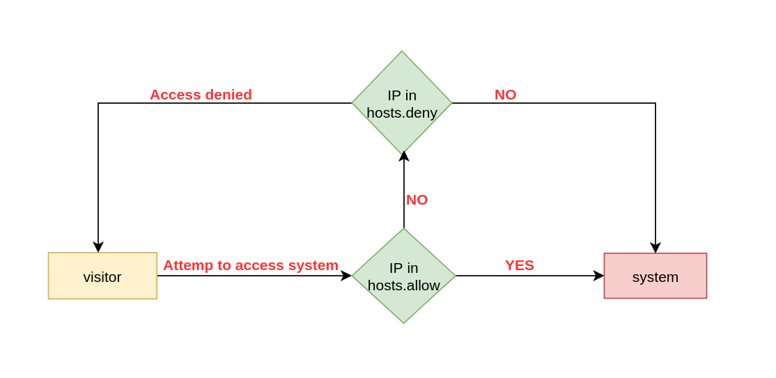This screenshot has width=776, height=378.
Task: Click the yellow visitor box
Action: [102, 276]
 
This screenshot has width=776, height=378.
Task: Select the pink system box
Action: [655, 276]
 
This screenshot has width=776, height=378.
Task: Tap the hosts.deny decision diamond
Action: [402, 103]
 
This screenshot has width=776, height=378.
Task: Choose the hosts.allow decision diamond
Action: [403, 276]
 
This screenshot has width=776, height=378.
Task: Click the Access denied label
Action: [201, 95]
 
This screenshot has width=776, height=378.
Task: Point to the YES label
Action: [519, 265]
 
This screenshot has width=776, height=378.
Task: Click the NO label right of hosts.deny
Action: [505, 95]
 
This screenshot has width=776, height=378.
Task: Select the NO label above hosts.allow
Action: [417, 200]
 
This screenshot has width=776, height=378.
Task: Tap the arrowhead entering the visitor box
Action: [98, 247]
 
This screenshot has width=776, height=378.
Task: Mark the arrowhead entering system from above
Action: [655, 248]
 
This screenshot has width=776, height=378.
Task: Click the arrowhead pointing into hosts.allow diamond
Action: [346, 276]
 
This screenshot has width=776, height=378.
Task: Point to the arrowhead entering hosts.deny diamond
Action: [404, 156]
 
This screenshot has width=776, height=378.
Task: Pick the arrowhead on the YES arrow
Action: [598, 276]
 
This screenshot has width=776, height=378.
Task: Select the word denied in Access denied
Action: [228, 95]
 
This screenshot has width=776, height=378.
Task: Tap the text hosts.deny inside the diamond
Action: [402, 113]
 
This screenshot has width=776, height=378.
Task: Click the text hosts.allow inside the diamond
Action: [403, 285]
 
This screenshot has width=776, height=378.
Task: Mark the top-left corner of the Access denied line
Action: [98, 103]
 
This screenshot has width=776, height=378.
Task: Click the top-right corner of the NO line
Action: [655, 103]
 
